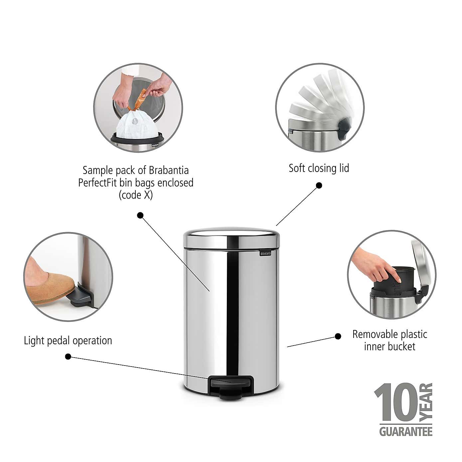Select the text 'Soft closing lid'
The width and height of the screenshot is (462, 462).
coord(319,168)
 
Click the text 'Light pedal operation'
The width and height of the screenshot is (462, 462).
coord(68,341)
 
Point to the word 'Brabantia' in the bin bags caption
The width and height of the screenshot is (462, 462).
coord(169,170)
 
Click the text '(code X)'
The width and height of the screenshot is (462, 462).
coord(136,195)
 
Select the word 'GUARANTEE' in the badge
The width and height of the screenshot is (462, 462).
coord(406,431)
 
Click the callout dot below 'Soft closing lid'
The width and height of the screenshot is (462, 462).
coord(319,185)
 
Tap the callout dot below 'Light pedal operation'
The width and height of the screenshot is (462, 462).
coord(68,357)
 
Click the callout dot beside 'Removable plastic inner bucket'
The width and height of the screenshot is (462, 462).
coord(338,336)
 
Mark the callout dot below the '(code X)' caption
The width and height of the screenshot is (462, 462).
coord(140,215)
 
